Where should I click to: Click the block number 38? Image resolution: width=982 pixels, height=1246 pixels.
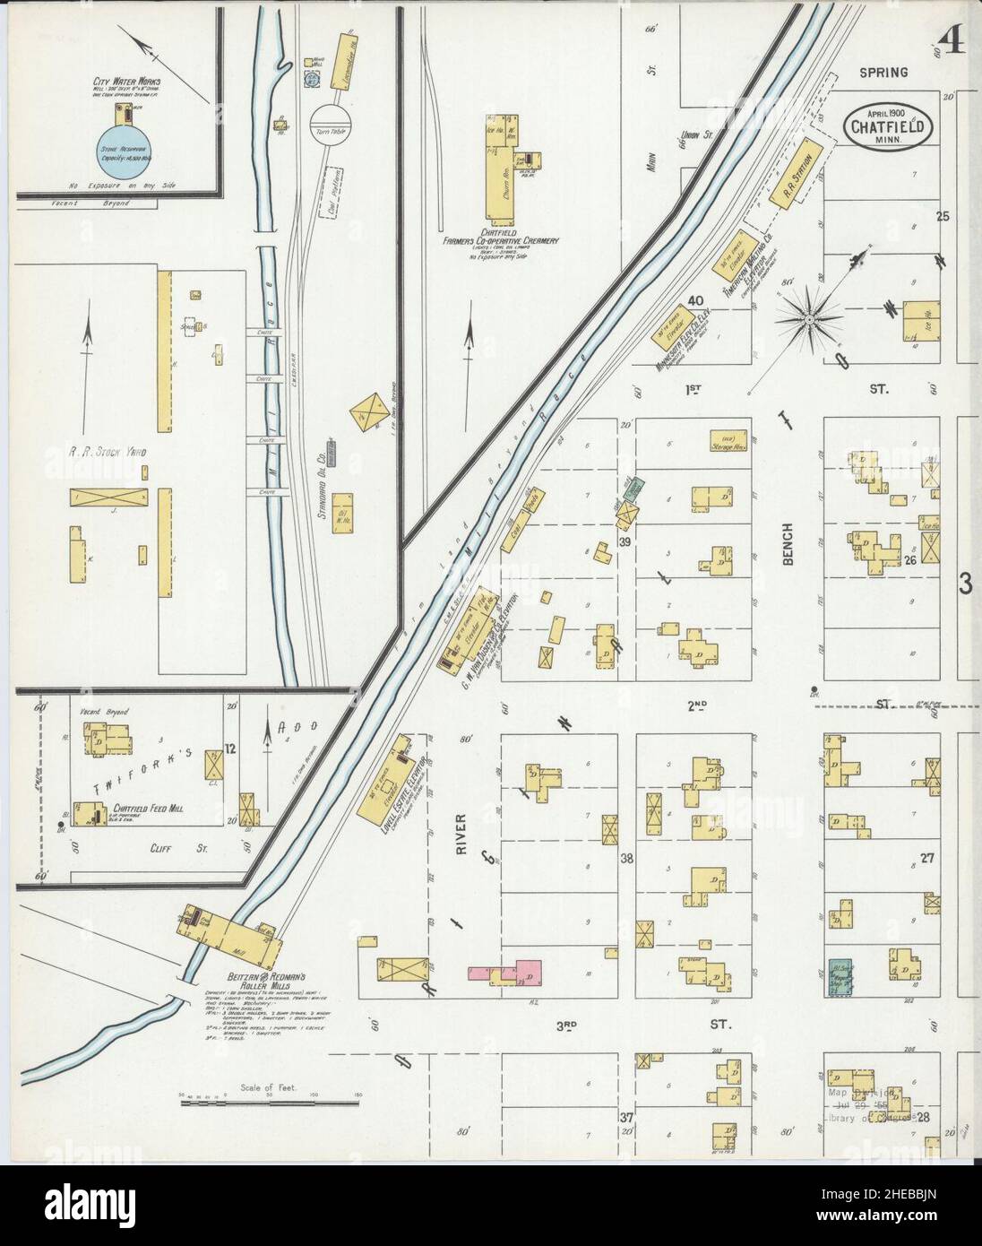[627, 858]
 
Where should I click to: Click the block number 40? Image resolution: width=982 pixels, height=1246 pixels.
[694, 301]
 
